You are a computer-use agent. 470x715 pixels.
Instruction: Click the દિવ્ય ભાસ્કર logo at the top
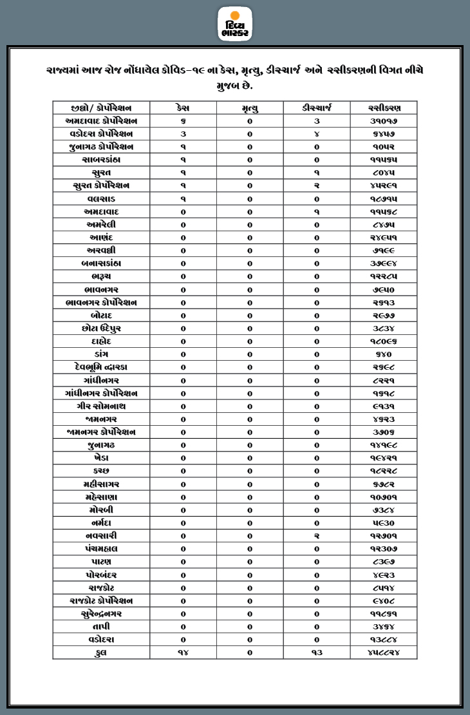[235, 24]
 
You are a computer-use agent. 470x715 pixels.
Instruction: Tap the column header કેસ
[183, 108]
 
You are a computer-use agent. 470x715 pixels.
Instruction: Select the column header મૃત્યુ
[250, 108]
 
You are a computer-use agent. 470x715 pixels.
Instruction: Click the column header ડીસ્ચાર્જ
[317, 108]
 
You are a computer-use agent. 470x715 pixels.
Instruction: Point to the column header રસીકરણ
[383, 108]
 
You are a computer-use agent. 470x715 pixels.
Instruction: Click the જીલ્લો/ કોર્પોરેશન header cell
[101, 108]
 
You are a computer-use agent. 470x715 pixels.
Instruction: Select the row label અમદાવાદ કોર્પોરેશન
[101, 120]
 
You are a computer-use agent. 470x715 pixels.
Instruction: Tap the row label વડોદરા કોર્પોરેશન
[101, 133]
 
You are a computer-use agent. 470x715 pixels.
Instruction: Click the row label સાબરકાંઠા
[101, 159]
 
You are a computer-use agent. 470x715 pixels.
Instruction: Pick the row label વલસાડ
[101, 198]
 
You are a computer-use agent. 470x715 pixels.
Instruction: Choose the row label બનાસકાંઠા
[101, 263]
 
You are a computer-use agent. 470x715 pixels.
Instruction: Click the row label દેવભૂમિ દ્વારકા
[101, 367]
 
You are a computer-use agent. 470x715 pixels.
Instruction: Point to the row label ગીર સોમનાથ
[101, 406]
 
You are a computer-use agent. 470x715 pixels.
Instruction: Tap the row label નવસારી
[101, 536]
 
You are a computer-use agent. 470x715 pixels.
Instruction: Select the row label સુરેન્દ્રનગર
[101, 614]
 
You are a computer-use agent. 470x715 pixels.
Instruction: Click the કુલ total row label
[101, 653]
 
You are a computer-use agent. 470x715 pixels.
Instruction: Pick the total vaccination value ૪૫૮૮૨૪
[383, 653]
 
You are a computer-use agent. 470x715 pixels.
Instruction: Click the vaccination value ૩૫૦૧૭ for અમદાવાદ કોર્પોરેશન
[383, 120]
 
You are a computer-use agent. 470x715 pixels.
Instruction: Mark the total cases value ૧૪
[183, 653]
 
